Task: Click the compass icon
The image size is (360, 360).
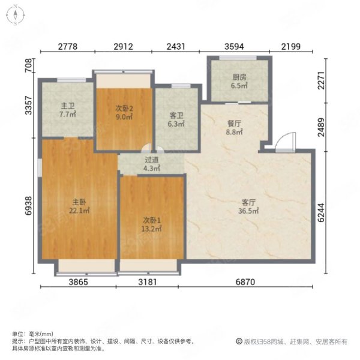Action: tap(15, 15)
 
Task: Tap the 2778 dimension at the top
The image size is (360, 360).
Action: tap(67, 47)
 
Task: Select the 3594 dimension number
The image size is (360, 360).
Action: tap(234, 47)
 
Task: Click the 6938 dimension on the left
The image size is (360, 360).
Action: tap(28, 206)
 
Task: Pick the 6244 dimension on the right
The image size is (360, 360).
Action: tap(321, 212)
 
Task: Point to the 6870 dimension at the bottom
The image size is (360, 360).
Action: tap(245, 282)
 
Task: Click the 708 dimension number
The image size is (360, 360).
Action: tap(28, 65)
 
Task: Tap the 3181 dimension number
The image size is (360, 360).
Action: tap(148, 282)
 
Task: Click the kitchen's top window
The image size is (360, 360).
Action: tap(238, 58)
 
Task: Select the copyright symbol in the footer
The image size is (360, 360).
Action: tap(239, 341)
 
